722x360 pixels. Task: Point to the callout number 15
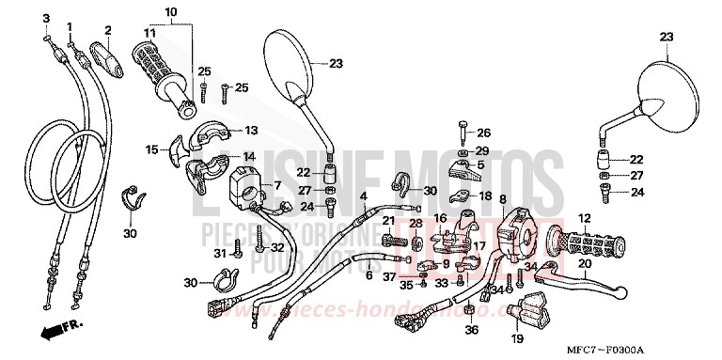tap(151, 149)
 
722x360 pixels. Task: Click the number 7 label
tap(251, 185)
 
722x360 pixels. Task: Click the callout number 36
tap(472, 329)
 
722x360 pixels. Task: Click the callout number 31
tap(217, 254)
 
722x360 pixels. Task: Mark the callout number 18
tap(486, 196)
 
